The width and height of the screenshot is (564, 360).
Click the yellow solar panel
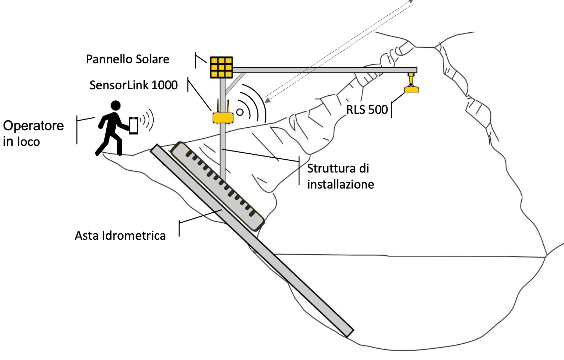[x=221, y=67]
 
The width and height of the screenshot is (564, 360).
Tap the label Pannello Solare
[x=127, y=59]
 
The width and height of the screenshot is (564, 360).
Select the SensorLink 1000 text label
[x=133, y=85]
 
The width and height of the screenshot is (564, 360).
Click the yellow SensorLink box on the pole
[x=223, y=117]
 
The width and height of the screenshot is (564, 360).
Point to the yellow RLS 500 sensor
[x=411, y=88]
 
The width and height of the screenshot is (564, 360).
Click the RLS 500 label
[x=367, y=110]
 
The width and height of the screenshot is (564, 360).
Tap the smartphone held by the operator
[x=133, y=125]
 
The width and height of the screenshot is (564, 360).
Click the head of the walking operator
[x=116, y=105]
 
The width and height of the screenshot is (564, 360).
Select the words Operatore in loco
[x=33, y=133]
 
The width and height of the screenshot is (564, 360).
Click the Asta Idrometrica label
[x=120, y=235]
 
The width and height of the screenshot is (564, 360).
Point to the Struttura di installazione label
[x=340, y=176]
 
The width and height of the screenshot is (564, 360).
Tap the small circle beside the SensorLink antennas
[x=240, y=112]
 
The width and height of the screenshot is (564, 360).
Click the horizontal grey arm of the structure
[x=324, y=70]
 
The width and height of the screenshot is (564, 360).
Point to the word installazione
[x=340, y=184]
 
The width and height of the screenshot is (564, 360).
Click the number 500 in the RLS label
[x=378, y=110]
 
